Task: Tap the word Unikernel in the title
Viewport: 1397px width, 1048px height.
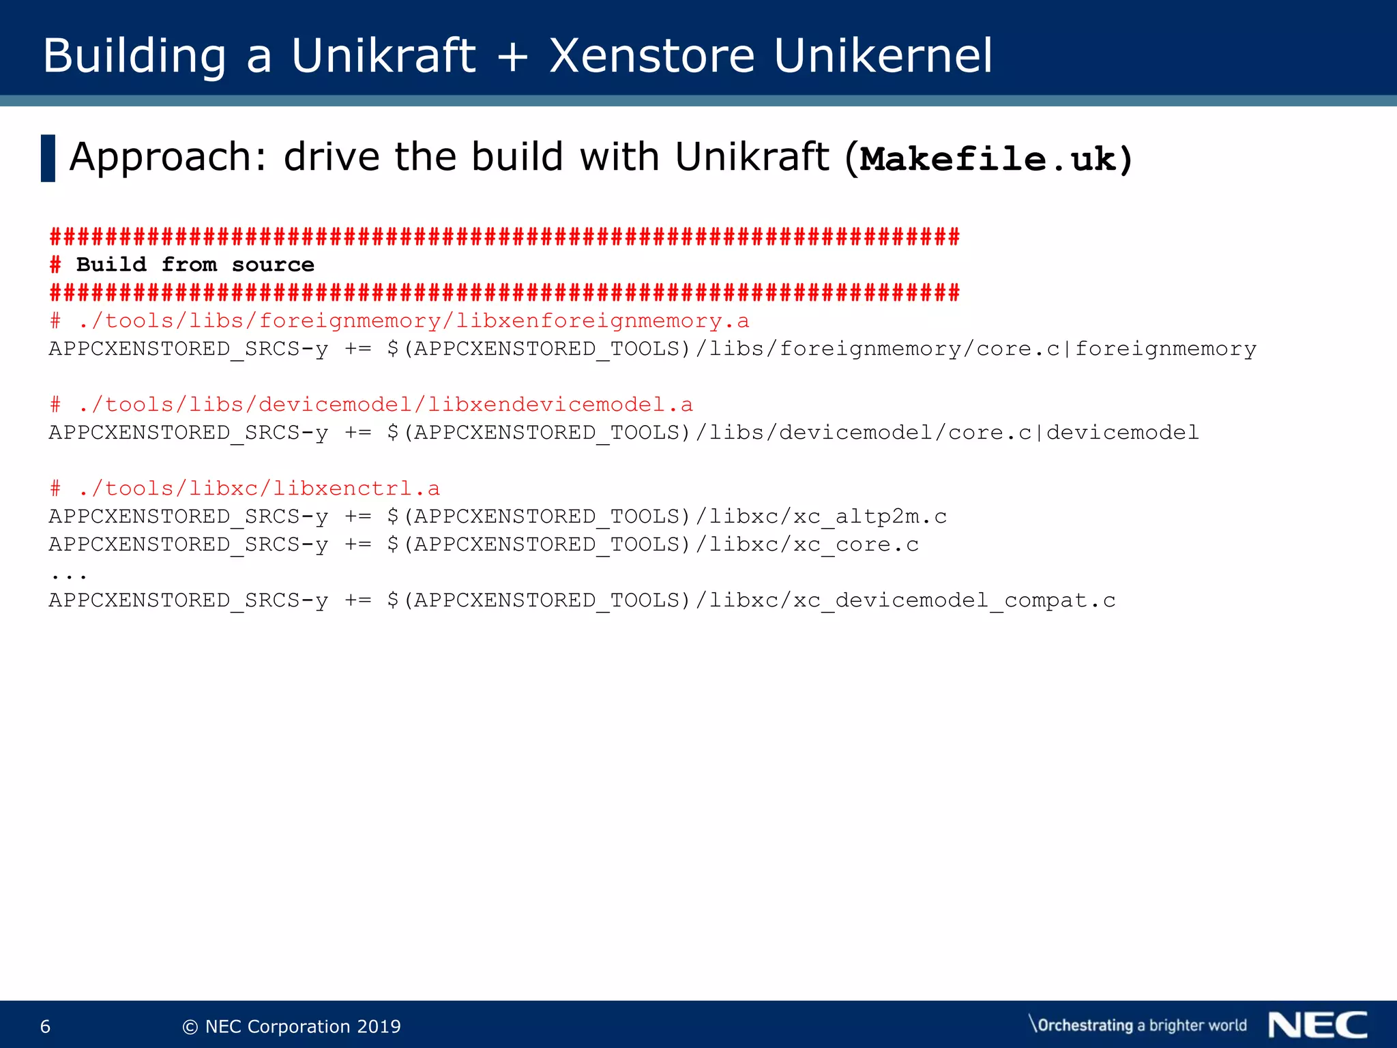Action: coord(883,56)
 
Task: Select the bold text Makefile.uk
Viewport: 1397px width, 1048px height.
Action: coord(988,160)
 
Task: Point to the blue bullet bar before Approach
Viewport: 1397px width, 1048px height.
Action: coord(48,158)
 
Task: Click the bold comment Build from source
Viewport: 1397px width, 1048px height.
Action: coord(194,265)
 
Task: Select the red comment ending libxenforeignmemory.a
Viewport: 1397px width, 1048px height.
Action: coord(400,321)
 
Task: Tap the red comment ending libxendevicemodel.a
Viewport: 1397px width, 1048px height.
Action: coord(372,405)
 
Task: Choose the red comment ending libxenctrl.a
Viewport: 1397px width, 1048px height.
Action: coord(246,489)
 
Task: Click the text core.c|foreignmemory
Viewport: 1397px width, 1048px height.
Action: coord(1116,349)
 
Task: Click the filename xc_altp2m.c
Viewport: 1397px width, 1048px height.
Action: coord(870,516)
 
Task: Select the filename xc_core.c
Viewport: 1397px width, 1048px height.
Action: coord(855,544)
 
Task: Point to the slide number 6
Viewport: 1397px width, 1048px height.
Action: coord(46,1026)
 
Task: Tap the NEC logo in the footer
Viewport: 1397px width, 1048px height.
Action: coord(1318,1025)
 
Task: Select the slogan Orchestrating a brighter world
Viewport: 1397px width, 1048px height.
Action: coord(1138,1025)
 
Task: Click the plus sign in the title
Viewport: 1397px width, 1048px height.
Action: coord(512,56)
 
